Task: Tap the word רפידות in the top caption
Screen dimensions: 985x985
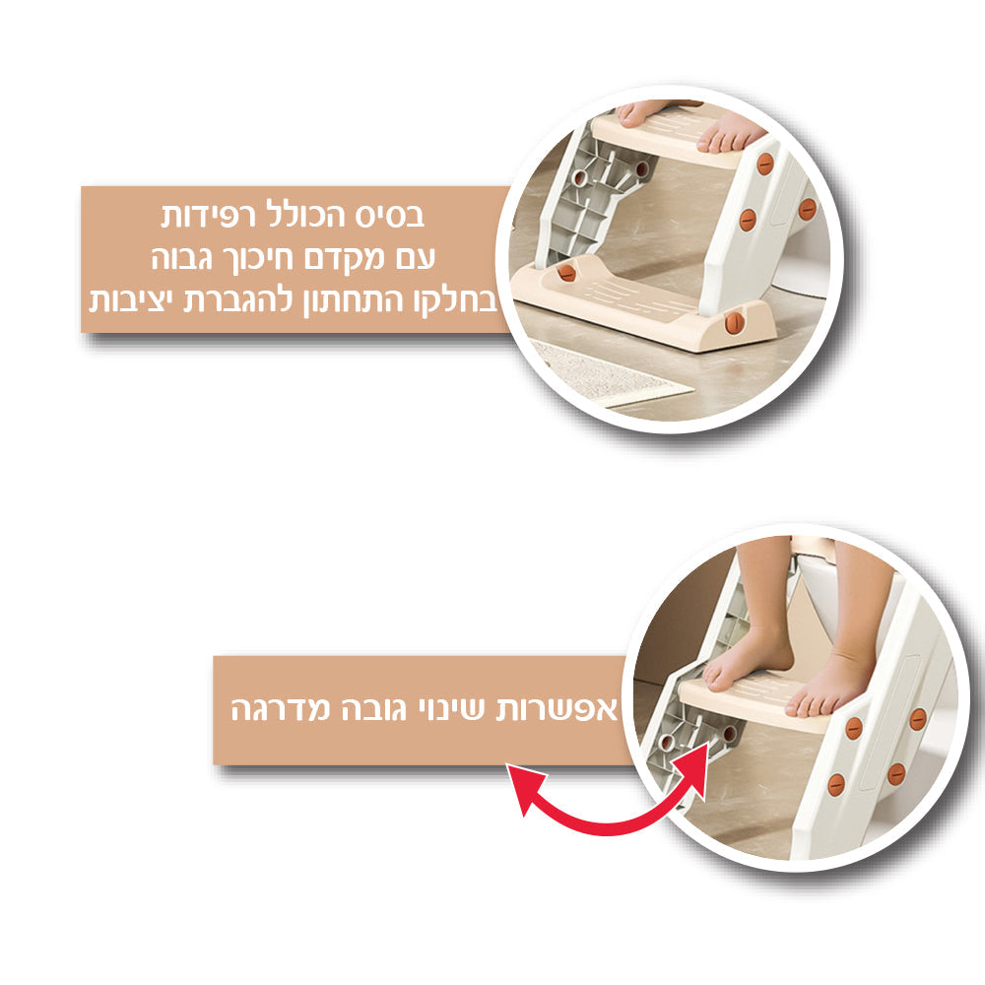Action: pyautogui.click(x=212, y=215)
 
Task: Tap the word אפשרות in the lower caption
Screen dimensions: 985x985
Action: pyautogui.click(x=568, y=709)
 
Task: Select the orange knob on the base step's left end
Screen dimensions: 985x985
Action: pyautogui.click(x=565, y=273)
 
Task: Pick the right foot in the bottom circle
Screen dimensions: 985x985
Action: pyautogui.click(x=832, y=685)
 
